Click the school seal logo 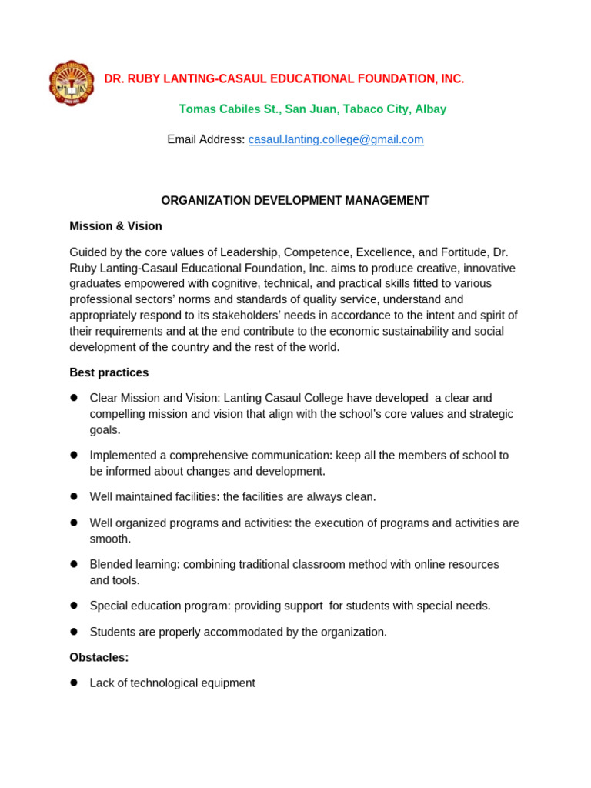(72, 83)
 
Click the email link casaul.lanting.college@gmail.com (336, 139)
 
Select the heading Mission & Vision (115, 226)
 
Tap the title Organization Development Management (295, 201)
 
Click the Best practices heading (109, 372)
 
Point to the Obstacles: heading (98, 658)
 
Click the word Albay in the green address (430, 109)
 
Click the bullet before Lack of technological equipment (74, 683)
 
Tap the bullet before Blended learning (74, 564)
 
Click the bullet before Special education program (74, 606)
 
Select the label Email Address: (205, 139)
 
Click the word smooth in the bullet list (109, 539)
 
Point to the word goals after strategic (104, 430)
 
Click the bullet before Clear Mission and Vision (74, 398)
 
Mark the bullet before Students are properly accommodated (74, 632)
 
